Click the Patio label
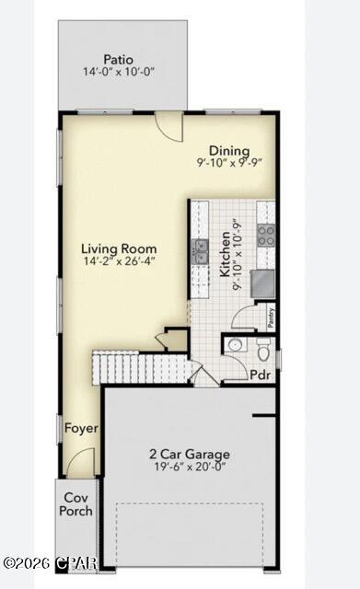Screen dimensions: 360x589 pyautogui.click(x=118, y=59)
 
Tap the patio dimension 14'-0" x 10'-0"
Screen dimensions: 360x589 pyautogui.click(x=119, y=72)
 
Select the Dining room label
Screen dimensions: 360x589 pyautogui.click(x=229, y=151)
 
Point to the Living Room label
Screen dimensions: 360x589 pyautogui.click(x=119, y=248)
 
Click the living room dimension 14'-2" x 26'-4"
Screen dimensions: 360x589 pyautogui.click(x=119, y=260)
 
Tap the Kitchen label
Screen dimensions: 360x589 pyautogui.click(x=225, y=254)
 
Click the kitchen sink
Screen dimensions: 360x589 pyautogui.click(x=200, y=251)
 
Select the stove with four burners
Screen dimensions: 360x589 pyautogui.click(x=266, y=236)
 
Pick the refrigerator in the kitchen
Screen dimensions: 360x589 pyautogui.click(x=264, y=284)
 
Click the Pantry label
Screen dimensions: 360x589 pyautogui.click(x=271, y=318)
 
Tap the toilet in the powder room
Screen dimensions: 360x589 pyautogui.click(x=263, y=350)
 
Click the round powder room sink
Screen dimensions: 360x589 pyautogui.click(x=236, y=344)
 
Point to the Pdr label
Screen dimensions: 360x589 pyautogui.click(x=261, y=375)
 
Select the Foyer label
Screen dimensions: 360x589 pyautogui.click(x=81, y=428)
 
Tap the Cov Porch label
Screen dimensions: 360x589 pyautogui.click(x=75, y=504)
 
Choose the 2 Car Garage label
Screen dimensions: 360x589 pyautogui.click(x=190, y=454)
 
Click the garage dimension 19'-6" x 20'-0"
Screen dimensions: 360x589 pyautogui.click(x=190, y=467)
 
